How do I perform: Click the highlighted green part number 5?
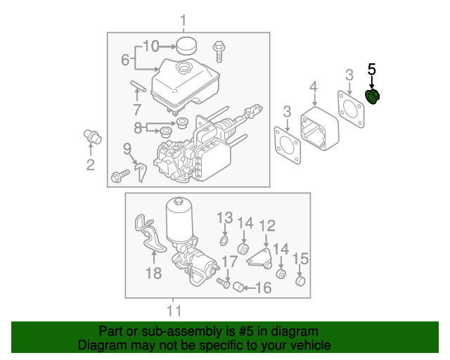372,96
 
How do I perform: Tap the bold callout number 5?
372,69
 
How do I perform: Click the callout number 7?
137,110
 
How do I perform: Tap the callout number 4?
314,87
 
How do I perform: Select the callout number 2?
90,165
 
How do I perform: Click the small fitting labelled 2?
93,136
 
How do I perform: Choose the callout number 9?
127,148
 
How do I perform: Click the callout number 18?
154,272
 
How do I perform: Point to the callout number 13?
224,217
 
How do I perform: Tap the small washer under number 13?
224,241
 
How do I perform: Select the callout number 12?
267,225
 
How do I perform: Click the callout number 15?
300,258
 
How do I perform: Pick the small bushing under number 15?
300,282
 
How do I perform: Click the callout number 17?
230,262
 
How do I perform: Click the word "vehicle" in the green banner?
308,345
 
